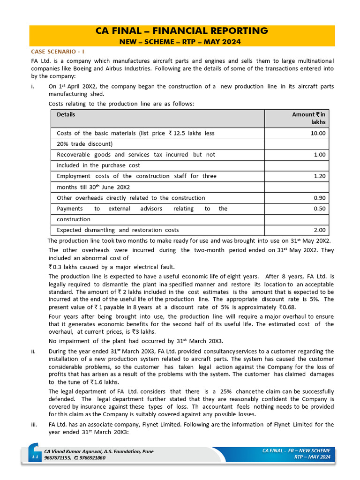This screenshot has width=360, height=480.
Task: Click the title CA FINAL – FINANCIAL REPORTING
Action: [x=182, y=31]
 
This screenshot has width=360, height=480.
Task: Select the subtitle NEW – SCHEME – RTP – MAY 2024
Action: [x=182, y=42]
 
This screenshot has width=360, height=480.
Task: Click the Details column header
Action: [x=66, y=114]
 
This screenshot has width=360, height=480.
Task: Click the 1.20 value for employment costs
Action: [x=319, y=176]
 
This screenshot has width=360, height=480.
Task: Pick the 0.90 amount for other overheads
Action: [x=319, y=198]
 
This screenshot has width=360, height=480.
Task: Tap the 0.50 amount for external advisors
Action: [x=319, y=209]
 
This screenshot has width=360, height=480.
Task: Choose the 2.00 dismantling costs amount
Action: [x=319, y=230]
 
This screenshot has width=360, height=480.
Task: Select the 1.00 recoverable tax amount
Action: [x=319, y=155]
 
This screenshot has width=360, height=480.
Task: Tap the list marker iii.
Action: [x=34, y=424]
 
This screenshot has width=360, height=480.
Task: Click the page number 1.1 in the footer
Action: [x=35, y=457]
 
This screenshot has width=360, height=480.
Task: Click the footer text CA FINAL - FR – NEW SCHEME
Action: [x=296, y=450]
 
